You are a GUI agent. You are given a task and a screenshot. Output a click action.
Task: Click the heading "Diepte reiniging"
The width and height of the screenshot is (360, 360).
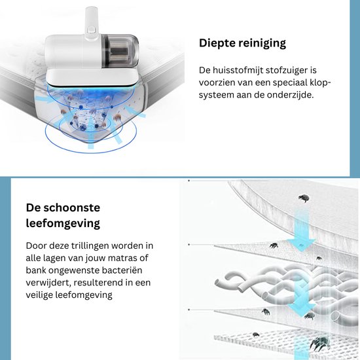(x=242, y=43)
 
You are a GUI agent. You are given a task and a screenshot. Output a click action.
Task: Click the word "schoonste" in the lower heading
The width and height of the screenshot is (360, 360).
(x=72, y=207)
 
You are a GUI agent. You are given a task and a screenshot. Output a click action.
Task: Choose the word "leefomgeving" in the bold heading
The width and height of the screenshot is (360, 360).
(x=63, y=223)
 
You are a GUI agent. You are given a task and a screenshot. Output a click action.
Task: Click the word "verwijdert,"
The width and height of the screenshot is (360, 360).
(x=48, y=283)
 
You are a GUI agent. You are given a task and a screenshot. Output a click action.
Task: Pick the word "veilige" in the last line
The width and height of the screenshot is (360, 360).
(x=39, y=295)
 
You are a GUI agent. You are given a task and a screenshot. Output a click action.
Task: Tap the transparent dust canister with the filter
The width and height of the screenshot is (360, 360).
(x=120, y=51)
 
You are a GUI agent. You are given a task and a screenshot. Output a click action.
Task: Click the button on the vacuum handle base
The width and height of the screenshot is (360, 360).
(x=92, y=29)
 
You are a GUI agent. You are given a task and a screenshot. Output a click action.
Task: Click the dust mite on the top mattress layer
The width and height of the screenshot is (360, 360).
(x=304, y=198)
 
